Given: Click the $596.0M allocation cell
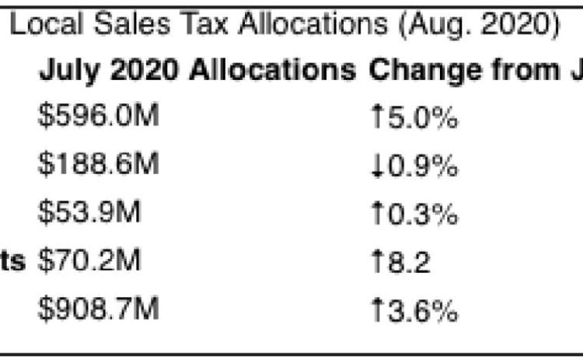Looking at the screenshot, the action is pyautogui.click(x=99, y=115).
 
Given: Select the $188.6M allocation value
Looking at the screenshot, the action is pyautogui.click(x=99, y=163).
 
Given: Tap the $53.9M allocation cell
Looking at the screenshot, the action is pyautogui.click(x=89, y=212).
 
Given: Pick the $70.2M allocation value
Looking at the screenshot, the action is pyautogui.click(x=89, y=260).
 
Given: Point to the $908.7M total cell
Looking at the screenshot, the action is pyautogui.click(x=99, y=309).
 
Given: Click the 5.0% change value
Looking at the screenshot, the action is pyautogui.click(x=423, y=117).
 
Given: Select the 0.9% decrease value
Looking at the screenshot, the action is pyautogui.click(x=423, y=166).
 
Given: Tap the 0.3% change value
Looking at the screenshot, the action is pyautogui.click(x=423, y=214).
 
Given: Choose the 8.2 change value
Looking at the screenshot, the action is pyautogui.click(x=409, y=262).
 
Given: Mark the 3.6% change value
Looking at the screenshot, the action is pyautogui.click(x=423, y=310).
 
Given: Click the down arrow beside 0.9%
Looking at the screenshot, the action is pyautogui.click(x=377, y=166).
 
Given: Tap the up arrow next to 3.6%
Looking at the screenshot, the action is pyautogui.click(x=377, y=309).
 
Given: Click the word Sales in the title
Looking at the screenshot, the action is pyautogui.click(x=132, y=24).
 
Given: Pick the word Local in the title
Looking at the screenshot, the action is pyautogui.click(x=46, y=24).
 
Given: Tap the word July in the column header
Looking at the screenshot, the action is pyautogui.click(x=69, y=71).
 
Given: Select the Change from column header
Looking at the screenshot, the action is pyautogui.click(x=464, y=69).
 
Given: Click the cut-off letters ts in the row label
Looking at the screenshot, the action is pyautogui.click(x=12, y=260).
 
